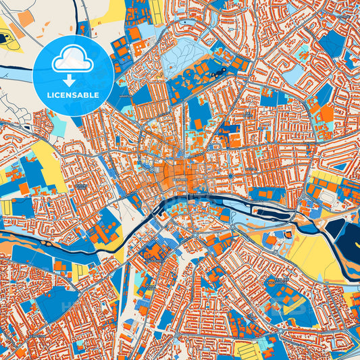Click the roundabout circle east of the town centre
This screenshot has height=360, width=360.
[230, 177]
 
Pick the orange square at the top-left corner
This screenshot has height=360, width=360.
[24, 18]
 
